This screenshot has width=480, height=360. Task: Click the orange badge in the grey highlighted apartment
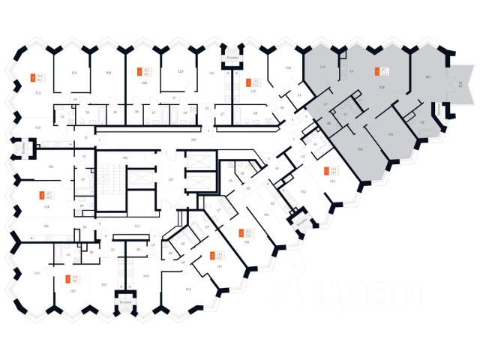[377, 73]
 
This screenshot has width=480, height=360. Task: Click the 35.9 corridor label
[193, 140]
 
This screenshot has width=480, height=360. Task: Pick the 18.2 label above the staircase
[125, 157]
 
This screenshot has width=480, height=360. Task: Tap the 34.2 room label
[331, 181]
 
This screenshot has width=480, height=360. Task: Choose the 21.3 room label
[37, 92]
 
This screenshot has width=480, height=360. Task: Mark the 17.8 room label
[46, 207]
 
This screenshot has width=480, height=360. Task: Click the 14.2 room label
[212, 73]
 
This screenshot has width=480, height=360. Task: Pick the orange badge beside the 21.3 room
[31, 76]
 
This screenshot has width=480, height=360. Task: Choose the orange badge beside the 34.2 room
[323, 170]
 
